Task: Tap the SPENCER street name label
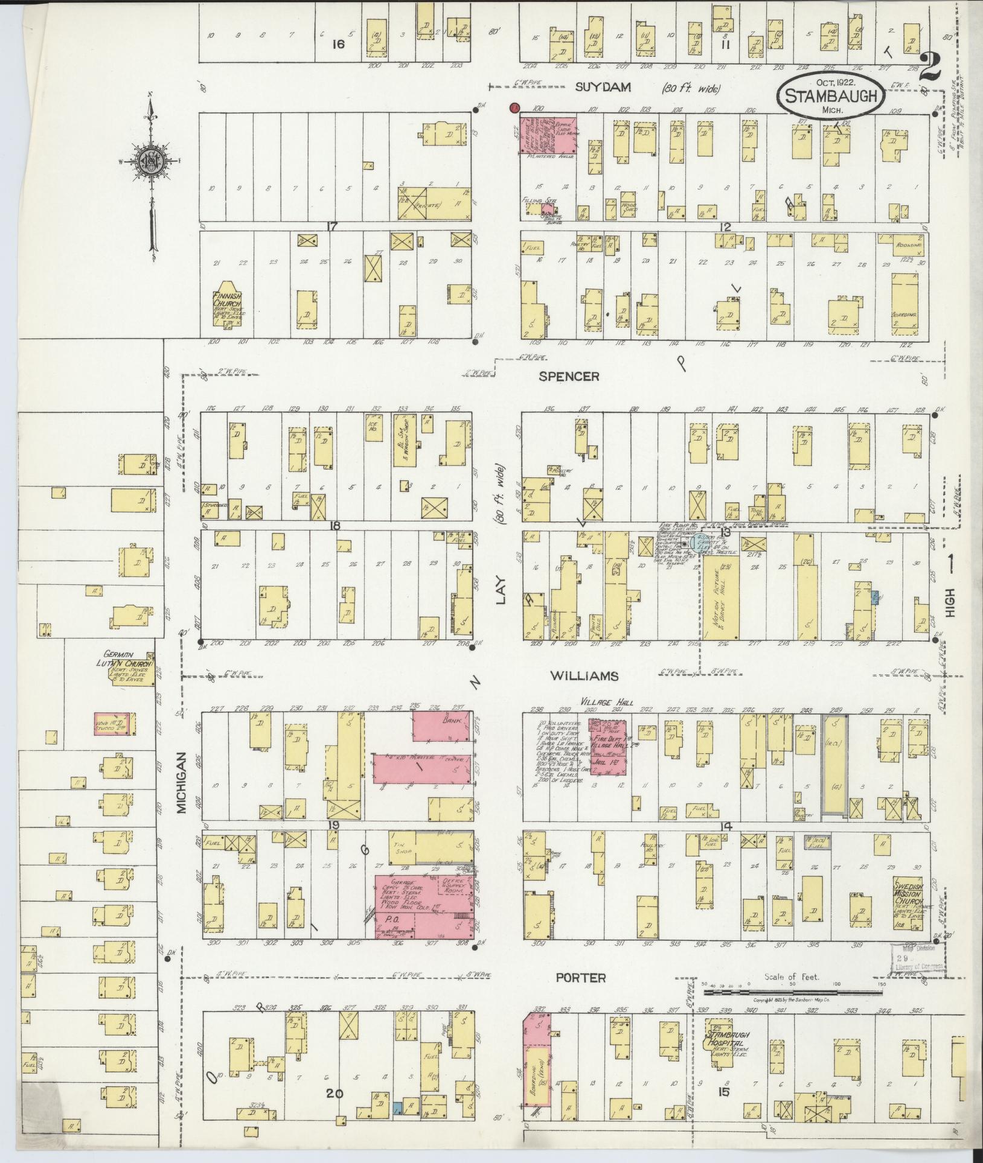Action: click(x=569, y=376)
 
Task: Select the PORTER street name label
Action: click(x=580, y=978)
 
